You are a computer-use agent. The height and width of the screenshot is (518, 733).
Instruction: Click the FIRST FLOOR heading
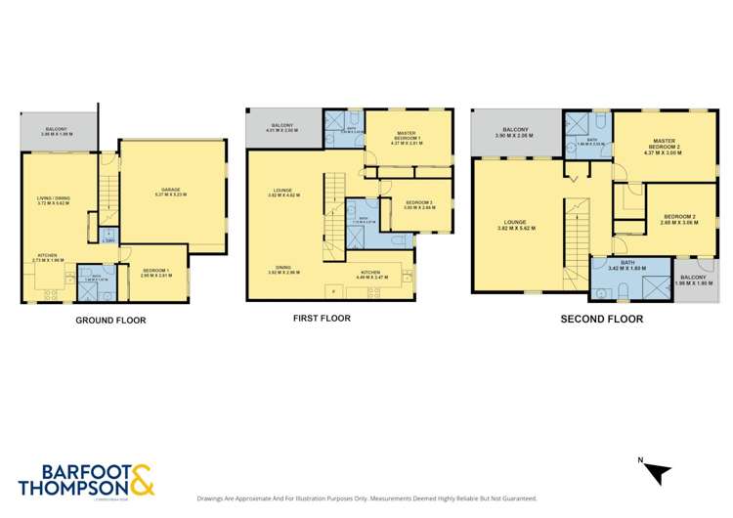click(322, 318)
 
